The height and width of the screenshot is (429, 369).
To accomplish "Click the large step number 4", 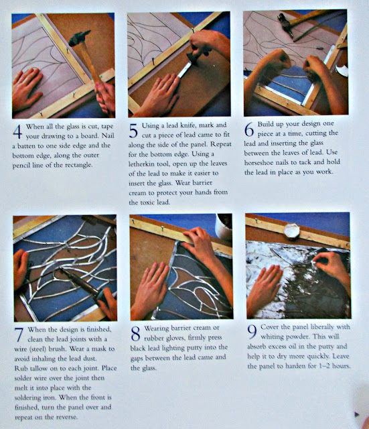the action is coord(17,131).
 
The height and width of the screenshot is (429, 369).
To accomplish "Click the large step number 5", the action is coord(133,131).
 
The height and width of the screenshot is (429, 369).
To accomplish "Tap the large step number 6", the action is coord(249,129).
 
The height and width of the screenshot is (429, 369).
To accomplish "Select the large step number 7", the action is coord(19,335).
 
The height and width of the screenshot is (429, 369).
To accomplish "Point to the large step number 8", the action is coord(135,334).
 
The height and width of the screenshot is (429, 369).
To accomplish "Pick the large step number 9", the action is coord(252,332).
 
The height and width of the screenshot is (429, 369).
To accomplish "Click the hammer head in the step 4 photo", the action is coord(79,38).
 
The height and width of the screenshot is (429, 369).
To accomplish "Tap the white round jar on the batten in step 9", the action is coord(291,231).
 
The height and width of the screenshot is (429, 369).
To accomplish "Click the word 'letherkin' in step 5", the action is coord(141,164).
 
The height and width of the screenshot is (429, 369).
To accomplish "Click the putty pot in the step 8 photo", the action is coord(223,226).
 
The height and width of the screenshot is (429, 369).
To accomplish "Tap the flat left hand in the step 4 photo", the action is coord(27,89).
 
